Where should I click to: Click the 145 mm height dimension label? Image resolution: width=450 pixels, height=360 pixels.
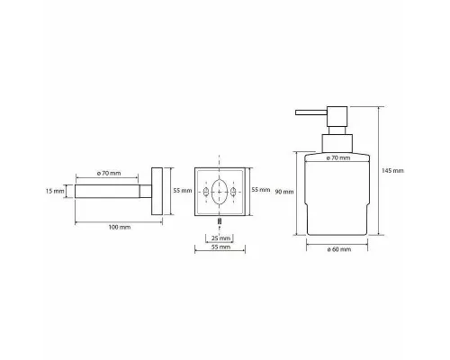pos(392,171)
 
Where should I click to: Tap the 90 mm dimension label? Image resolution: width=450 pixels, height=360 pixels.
pos(284,192)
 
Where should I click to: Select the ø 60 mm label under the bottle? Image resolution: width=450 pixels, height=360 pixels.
pos(339,249)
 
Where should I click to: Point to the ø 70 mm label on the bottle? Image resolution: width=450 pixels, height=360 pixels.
pos(338,157)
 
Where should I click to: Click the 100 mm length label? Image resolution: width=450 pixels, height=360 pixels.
pos(120,227)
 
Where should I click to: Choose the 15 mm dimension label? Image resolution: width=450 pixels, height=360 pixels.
pos(55,191)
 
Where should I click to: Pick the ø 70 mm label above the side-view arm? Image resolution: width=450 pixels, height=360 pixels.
pos(109,174)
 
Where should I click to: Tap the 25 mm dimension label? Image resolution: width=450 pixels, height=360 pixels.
pos(220,238)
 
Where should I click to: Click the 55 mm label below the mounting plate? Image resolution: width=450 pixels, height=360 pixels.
pos(220,247)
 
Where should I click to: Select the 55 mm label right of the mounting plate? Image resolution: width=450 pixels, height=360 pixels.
pos(261,190)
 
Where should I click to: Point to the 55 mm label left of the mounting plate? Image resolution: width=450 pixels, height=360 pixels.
pos(183,191)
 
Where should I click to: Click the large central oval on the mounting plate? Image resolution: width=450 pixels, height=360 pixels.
pos(220,192)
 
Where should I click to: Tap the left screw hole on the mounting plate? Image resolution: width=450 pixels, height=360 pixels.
pos(206,192)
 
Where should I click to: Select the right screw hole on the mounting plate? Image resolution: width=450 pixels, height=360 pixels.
pos(233,192)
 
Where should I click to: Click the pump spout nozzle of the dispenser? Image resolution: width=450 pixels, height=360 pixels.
pos(311,112)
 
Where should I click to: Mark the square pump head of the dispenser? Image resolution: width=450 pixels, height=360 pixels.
pos(337,116)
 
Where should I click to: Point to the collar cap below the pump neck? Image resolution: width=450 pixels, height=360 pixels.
pos(337,143)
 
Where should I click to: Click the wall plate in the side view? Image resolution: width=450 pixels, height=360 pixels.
pos(157,191)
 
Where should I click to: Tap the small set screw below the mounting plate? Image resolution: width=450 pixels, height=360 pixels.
pos(220,221)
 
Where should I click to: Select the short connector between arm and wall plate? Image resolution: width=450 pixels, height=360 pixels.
pos(146,191)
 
